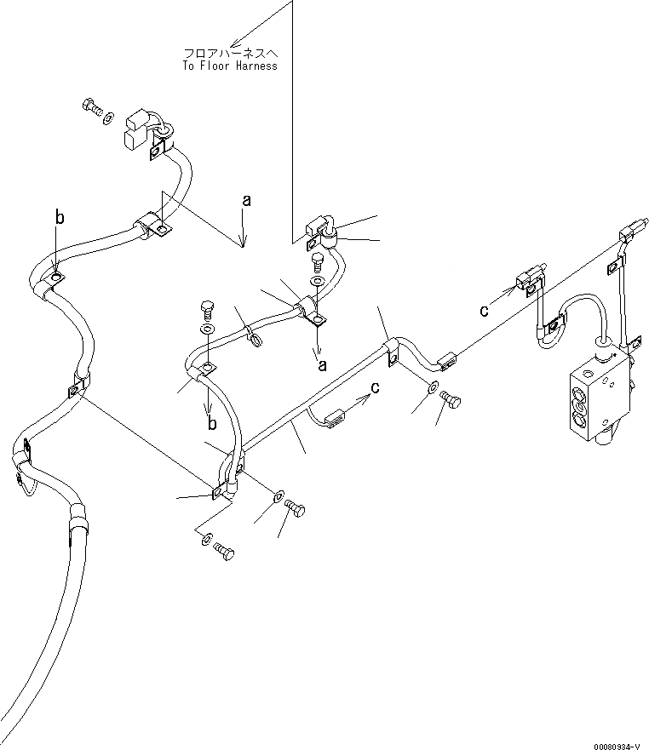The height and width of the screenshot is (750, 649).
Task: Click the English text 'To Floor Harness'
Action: (230, 66)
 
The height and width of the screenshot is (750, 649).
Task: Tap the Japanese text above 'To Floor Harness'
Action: (230, 53)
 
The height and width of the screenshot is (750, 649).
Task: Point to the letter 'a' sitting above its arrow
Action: (247, 201)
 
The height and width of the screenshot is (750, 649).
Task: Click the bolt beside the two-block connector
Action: (90, 107)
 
